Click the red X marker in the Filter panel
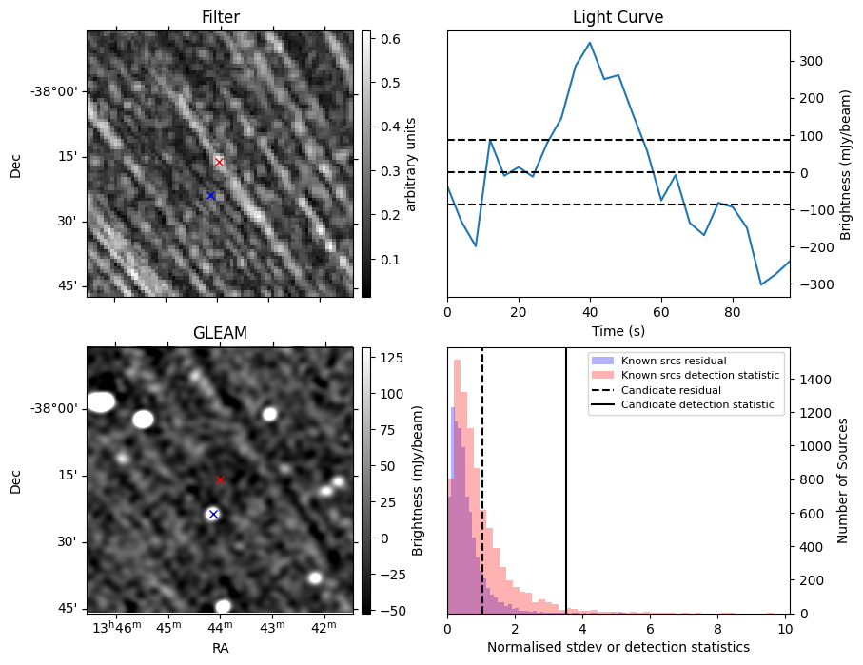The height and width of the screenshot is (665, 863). click(219, 162)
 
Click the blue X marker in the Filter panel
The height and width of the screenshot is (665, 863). click(210, 195)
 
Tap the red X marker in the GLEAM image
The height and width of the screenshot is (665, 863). click(220, 479)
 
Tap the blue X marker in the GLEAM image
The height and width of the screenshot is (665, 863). click(213, 514)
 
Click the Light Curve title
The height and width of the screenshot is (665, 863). click(618, 17)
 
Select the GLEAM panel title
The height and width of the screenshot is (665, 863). click(220, 333)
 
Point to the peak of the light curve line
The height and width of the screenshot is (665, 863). click(590, 43)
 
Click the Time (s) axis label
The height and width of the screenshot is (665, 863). click(618, 329)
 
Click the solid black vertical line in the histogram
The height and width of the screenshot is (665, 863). click(566, 495)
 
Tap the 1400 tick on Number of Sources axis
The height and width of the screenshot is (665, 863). click(810, 380)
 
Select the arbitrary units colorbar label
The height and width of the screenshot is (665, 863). click(411, 164)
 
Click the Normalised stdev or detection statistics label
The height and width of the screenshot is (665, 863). click(618, 647)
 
